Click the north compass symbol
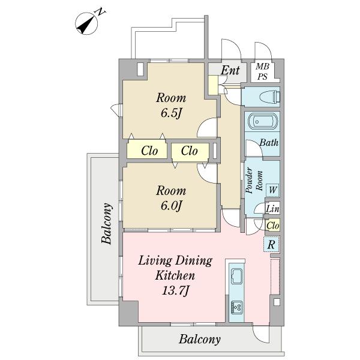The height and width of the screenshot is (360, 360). (x=86, y=23)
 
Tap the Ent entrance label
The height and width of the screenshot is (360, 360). (x=230, y=70)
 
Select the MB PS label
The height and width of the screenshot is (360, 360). (x=262, y=71)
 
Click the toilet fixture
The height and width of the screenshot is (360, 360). (x=270, y=97)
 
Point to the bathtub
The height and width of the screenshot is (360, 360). (x=262, y=121)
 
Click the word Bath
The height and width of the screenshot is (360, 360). (x=269, y=143)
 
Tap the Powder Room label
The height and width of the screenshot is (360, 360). (x=254, y=181)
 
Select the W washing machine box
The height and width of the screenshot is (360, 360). (x=272, y=190)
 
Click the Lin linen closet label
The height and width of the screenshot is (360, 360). (x=272, y=209)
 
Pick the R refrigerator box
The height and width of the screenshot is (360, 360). (x=271, y=244)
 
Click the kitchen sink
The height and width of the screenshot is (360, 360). (x=236, y=276)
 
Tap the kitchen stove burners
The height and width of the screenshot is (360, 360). (x=237, y=307)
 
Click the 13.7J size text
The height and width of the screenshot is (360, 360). (x=175, y=291)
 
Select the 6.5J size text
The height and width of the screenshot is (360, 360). (x=171, y=113)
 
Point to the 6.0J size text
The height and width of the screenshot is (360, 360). (x=171, y=206)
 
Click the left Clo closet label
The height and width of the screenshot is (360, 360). (x=149, y=151)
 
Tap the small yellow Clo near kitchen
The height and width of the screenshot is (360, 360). (x=273, y=226)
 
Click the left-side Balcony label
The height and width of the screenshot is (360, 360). (x=107, y=223)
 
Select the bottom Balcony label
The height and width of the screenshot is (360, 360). (x=200, y=340)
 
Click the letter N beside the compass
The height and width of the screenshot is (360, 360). (x=100, y=12)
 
